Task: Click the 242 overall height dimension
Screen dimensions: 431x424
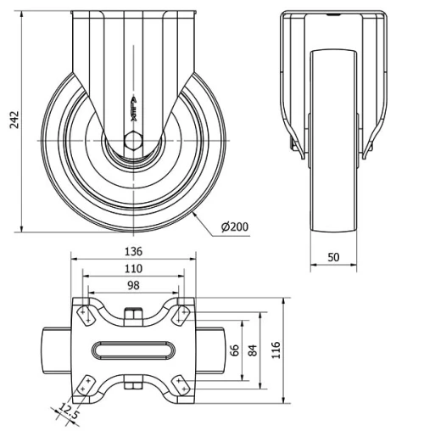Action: [x=11, y=121]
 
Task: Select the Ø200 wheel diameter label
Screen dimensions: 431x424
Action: [x=233, y=227]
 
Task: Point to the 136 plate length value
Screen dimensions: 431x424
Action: [x=133, y=251]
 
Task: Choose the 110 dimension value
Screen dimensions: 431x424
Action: [x=133, y=268]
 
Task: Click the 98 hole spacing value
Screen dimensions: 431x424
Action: [x=133, y=285]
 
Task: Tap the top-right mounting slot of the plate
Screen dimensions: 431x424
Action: [x=180, y=316]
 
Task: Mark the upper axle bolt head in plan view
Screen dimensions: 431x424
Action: [x=133, y=316]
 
